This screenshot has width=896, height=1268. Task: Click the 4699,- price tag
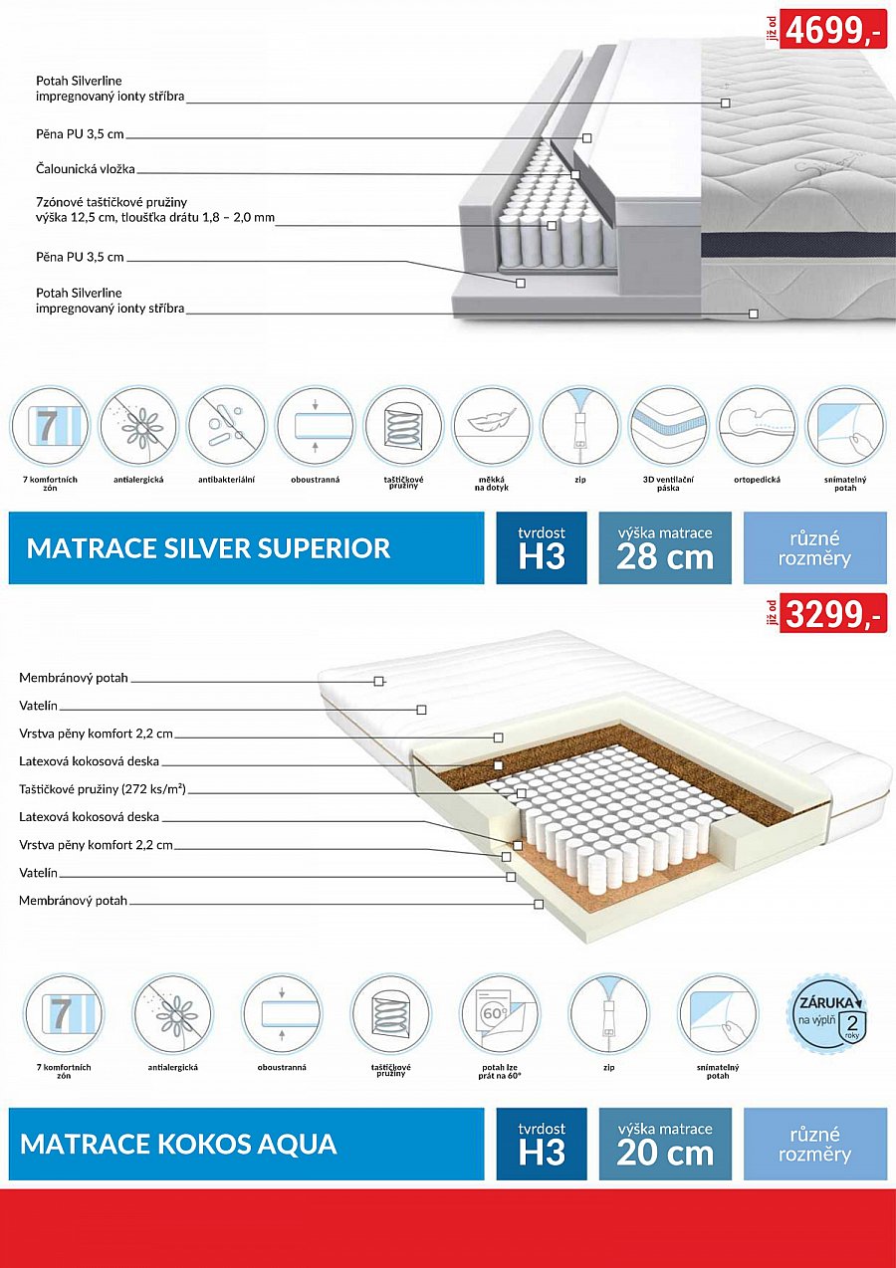833,29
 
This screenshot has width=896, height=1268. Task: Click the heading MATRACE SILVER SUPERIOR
208,548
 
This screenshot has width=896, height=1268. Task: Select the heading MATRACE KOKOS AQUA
178,1144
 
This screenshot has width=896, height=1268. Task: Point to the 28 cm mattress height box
665,548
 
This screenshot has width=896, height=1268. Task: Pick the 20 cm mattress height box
665,1144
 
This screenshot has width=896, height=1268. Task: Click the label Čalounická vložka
86,168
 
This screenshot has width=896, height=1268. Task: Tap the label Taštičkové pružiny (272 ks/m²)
103,788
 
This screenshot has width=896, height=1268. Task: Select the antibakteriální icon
227,426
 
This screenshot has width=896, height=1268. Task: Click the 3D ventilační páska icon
668,426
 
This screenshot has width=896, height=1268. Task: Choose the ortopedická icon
757,426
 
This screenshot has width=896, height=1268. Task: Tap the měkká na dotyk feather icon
492,426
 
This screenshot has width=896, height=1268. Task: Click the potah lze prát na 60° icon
500,1014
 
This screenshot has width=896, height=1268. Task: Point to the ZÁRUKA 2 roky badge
826,1014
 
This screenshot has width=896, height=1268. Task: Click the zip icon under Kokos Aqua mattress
609,1014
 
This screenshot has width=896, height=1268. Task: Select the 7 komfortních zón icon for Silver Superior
50,426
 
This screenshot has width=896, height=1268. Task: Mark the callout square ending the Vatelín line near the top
421,710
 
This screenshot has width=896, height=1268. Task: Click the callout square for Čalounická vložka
575,174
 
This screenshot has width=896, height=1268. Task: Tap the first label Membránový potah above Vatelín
74,678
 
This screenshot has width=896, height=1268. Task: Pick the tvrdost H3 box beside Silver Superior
542,548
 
